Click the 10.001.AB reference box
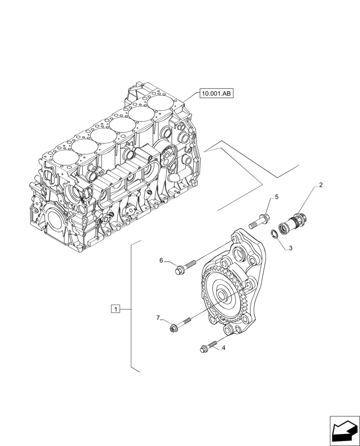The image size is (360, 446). (217, 94)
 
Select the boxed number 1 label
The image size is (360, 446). (115, 309)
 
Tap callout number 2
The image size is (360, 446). (321, 185)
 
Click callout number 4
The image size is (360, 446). (223, 348)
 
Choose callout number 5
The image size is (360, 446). (276, 197)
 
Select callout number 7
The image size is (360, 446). (158, 318)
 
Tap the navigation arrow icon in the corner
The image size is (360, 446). (344, 430)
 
